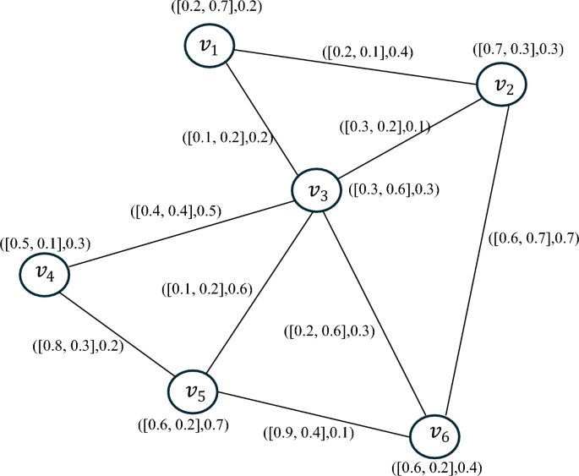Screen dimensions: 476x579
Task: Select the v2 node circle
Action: tap(503, 85)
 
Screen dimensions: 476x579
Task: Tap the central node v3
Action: tap(317, 192)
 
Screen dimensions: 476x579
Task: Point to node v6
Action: tap(437, 435)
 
